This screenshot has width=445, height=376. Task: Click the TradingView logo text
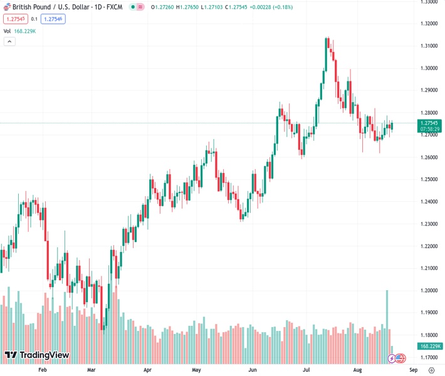coord(44,355)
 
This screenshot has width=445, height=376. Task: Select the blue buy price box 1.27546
coord(53,19)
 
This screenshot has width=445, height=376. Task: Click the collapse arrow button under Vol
coord(9,41)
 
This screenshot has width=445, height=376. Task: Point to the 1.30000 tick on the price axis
coord(429,68)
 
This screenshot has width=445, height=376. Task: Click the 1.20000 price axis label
coord(429,291)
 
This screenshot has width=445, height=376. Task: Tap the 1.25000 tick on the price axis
coord(429,179)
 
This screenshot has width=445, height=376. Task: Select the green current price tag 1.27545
coord(431,123)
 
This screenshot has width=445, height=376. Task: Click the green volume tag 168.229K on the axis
coord(431,346)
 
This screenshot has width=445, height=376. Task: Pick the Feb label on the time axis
coord(43,370)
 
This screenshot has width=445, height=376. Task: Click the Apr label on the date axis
coord(147,370)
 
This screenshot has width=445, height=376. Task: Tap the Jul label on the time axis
coord(308,370)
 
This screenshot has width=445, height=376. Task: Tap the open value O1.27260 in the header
coord(162,7)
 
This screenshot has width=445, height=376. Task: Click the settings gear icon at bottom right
coord(431,370)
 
